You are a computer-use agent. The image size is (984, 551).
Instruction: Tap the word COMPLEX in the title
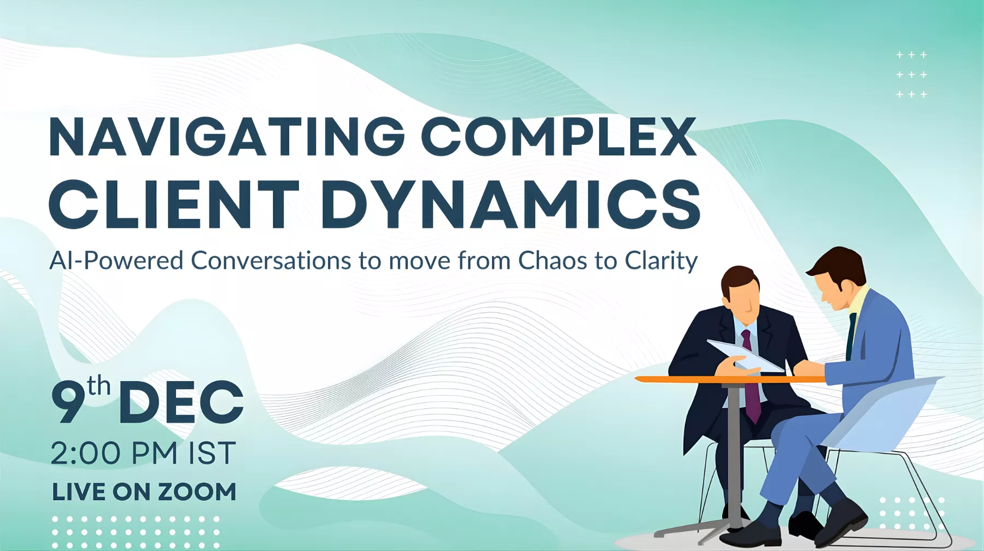[x=559, y=137]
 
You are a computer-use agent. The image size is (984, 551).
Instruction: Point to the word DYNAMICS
[x=511, y=204]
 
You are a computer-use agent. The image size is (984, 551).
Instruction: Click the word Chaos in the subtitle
[x=555, y=260]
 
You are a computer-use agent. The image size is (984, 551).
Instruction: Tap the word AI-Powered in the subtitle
[x=116, y=261]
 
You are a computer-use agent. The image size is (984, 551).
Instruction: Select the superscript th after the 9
[x=98, y=385]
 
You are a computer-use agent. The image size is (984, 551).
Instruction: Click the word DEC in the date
[x=181, y=402]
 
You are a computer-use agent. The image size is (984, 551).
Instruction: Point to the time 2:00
[x=86, y=453]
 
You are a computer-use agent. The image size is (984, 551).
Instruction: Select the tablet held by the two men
[x=745, y=355]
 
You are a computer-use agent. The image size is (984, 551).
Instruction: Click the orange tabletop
[x=730, y=379]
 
